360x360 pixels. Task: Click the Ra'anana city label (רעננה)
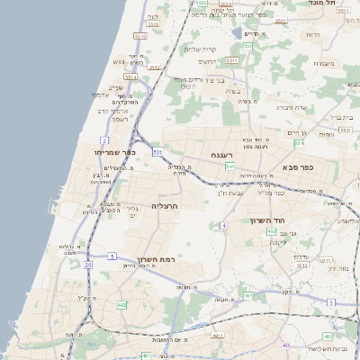(221, 156)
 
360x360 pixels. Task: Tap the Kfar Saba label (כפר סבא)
(296, 166)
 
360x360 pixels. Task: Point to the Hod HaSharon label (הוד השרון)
(267, 220)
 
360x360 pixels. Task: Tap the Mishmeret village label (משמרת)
(324, 63)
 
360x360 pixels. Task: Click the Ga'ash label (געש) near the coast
(118, 61)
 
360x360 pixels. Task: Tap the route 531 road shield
(157, 152)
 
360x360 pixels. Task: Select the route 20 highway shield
(87, 265)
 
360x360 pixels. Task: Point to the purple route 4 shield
(222, 225)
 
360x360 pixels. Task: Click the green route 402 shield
(271, 231)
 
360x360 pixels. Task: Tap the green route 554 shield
(301, 142)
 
